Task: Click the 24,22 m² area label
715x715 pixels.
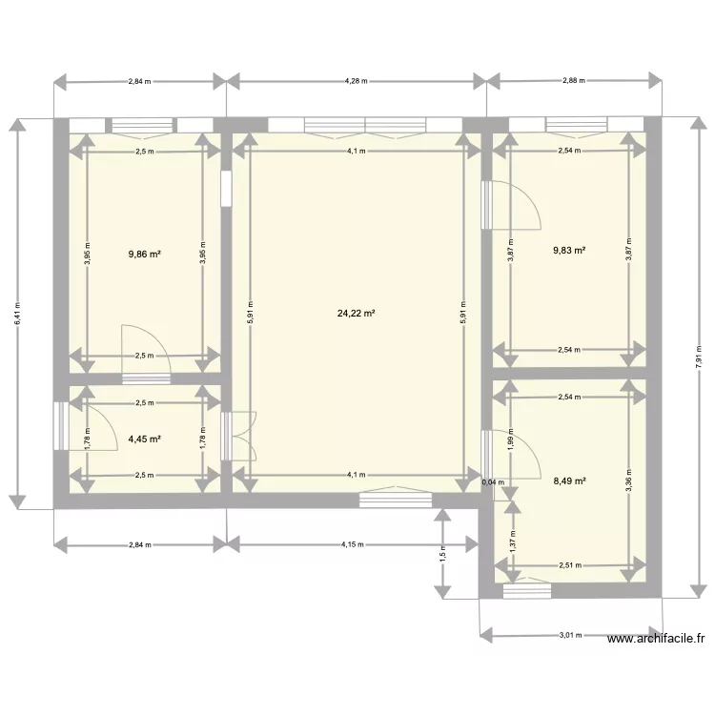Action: (356, 313)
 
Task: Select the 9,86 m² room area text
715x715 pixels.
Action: (145, 255)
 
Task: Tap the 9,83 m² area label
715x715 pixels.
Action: (569, 251)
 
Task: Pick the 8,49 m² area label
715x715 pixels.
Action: (569, 481)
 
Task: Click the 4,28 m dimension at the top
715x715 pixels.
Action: (356, 81)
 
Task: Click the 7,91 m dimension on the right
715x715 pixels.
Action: (698, 357)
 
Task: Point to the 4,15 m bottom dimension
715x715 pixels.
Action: (352, 544)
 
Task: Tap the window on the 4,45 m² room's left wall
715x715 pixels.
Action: (59, 425)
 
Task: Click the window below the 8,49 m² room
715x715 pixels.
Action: (527, 591)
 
